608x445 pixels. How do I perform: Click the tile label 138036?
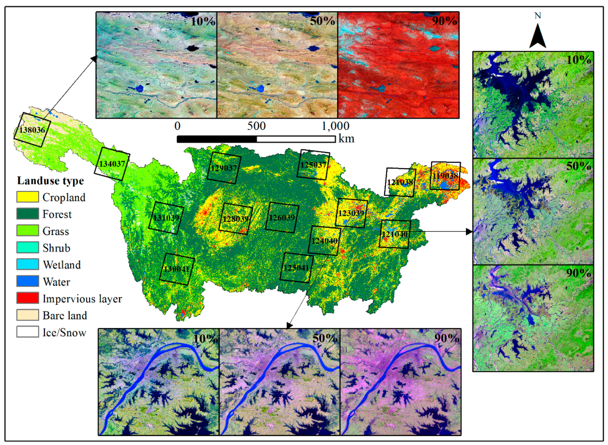click(32, 130)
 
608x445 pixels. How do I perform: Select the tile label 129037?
click(224, 168)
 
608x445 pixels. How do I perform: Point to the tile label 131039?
click(166, 218)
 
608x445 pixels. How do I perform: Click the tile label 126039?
click(282, 217)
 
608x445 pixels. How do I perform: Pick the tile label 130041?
click(177, 269)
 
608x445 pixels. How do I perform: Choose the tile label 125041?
click(296, 268)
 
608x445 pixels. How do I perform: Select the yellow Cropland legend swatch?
click(27, 197)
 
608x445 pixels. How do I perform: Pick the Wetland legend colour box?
click(27, 264)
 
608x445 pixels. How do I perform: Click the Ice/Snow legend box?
click(27, 332)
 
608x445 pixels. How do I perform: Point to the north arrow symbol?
click(538, 36)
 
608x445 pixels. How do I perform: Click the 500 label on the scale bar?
click(256, 126)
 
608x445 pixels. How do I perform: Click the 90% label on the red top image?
click(444, 21)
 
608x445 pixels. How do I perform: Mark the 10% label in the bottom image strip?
click(205, 338)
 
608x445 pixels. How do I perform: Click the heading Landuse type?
click(50, 181)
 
